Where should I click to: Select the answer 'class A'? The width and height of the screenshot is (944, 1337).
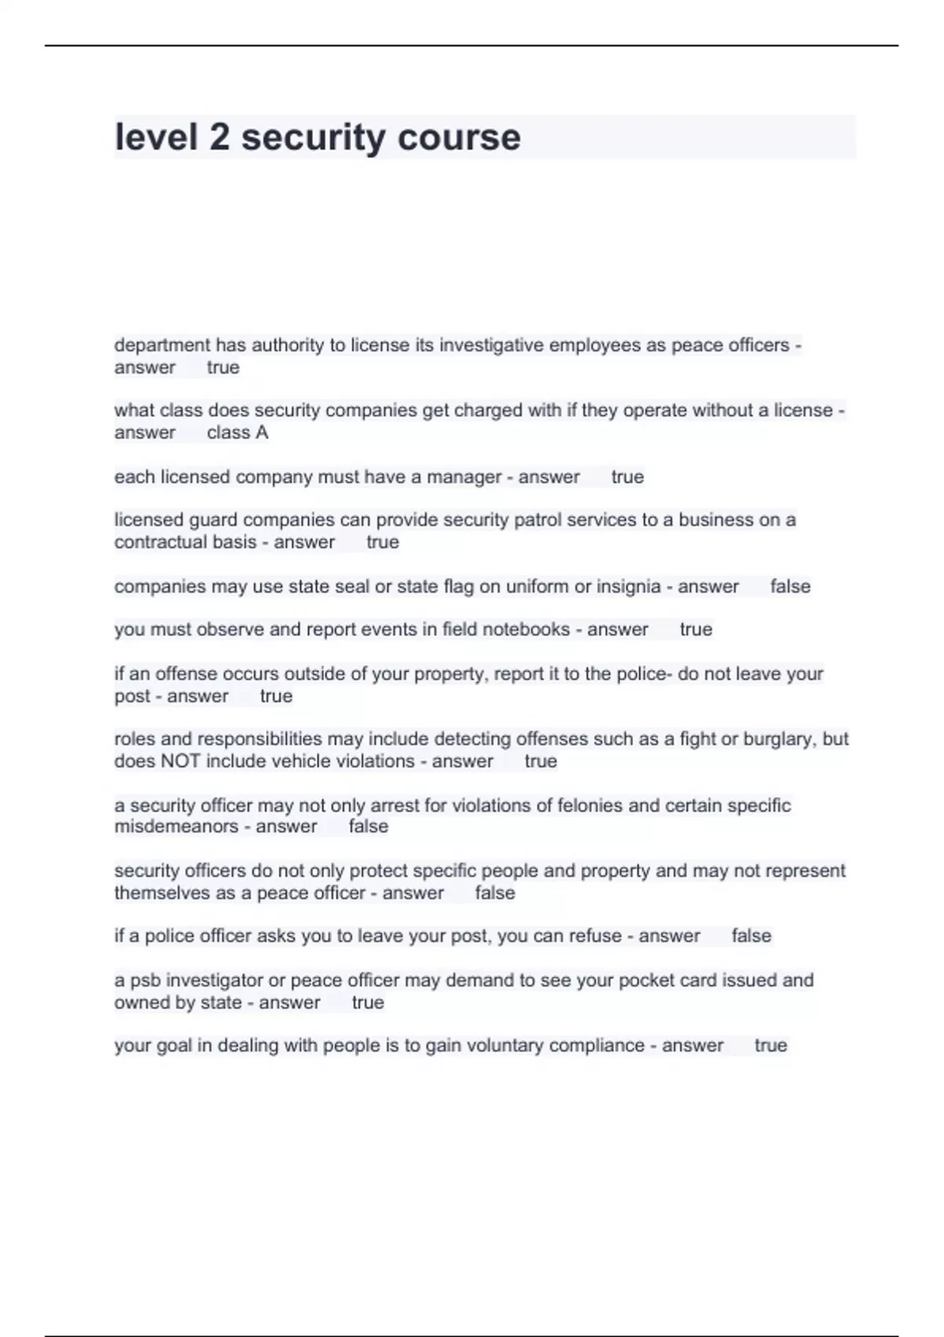pos(238,433)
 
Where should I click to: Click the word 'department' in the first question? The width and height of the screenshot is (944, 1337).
pos(162,345)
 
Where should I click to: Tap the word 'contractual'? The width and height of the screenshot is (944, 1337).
pos(186,543)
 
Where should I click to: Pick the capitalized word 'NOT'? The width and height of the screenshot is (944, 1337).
pos(180,761)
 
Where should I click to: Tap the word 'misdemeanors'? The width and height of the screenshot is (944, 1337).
pos(176,827)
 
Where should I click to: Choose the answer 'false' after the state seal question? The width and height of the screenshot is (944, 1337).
pos(790,587)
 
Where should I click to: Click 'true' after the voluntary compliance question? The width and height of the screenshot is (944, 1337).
pos(770,1046)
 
